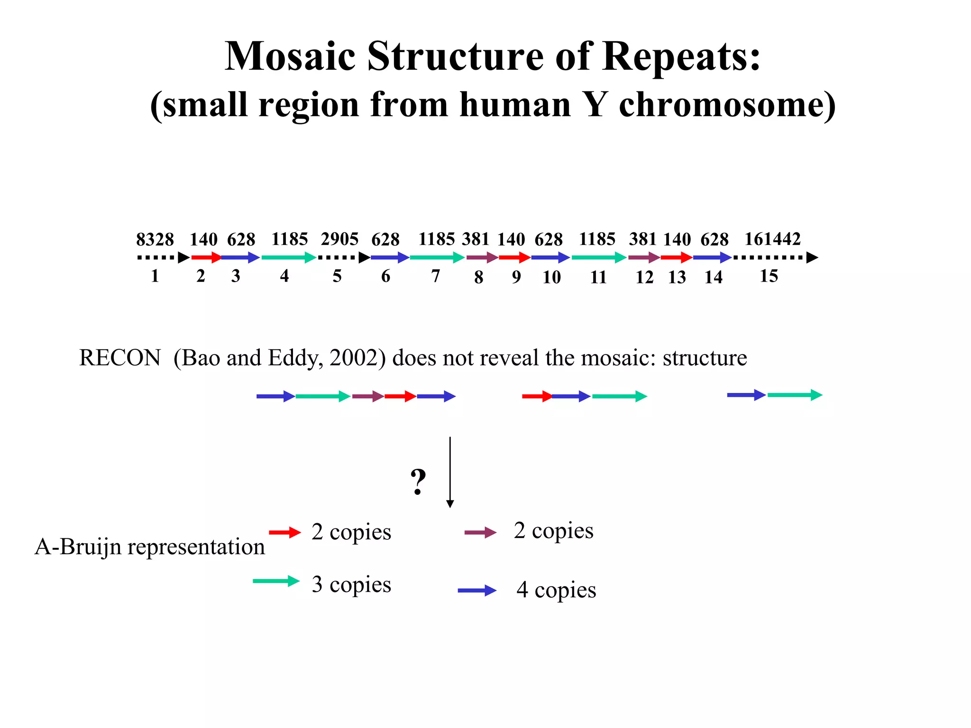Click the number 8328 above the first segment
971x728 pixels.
coord(155,239)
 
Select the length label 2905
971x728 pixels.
coord(339,239)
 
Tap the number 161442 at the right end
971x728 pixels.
coord(772,239)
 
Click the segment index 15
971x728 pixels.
coord(769,276)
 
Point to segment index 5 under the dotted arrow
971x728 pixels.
coord(337,276)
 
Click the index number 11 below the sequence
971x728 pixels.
coord(598,277)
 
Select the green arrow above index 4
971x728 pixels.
coord(288,258)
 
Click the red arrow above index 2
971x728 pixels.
coord(206,258)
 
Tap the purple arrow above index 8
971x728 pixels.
coord(482,258)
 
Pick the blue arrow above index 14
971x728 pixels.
coord(712,258)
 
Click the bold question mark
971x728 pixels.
coord(418,482)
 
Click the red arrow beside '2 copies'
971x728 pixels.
coord(285,532)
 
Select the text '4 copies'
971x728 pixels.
coord(556,590)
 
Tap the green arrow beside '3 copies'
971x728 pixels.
coord(276,581)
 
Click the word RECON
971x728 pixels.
coord(120,358)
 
